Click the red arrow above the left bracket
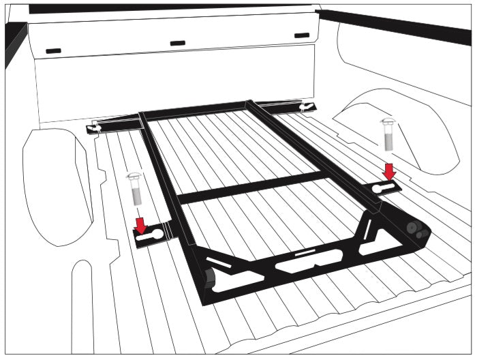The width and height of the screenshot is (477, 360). pos(141,224)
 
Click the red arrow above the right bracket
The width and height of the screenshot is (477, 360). pos(389,171)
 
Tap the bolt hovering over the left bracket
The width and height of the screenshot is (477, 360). pos(135,187)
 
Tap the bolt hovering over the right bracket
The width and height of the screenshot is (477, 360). pos(388,134)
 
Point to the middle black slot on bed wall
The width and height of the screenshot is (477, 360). pos(178,43)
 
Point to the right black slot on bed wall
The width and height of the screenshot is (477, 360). pos(301,35)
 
